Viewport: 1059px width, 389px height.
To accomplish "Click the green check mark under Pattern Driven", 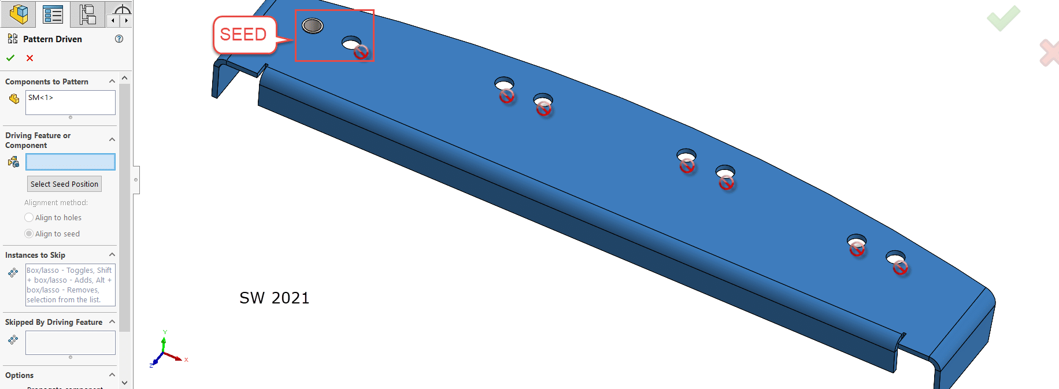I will tap(10, 58).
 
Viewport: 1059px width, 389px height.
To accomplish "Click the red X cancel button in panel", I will tap(29, 58).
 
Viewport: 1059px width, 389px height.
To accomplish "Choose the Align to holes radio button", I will tap(29, 218).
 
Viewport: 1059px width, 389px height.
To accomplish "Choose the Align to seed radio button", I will tap(29, 234).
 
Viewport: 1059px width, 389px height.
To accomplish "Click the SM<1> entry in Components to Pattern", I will tap(40, 98).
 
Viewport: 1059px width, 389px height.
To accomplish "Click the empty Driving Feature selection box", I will tap(70, 162).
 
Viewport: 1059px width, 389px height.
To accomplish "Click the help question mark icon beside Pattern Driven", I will tap(119, 39).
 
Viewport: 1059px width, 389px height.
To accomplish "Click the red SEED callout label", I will tap(243, 35).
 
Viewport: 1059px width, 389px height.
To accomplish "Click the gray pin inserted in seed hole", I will tap(313, 25).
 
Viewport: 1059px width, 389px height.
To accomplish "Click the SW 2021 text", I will tap(275, 298).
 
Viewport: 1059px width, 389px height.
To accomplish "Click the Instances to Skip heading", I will tap(35, 255).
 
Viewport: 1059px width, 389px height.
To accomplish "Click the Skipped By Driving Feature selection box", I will tap(70, 343).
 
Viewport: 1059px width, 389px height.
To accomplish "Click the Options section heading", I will tap(20, 375).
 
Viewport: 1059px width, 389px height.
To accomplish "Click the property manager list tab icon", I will tap(53, 14).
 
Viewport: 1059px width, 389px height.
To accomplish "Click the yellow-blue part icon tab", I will tap(18, 14).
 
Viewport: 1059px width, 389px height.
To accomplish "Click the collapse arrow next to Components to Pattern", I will tap(112, 81).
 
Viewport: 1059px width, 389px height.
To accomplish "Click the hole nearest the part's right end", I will tap(895, 257).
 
